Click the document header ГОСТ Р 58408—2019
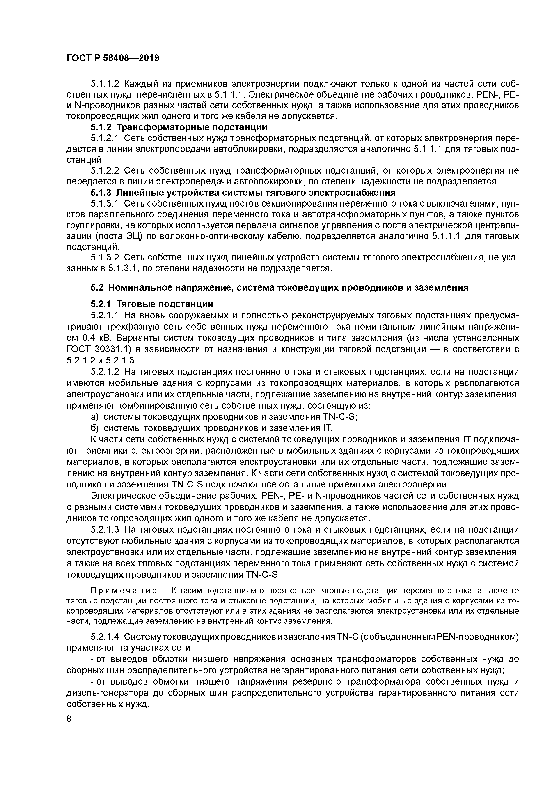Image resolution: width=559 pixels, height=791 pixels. [x=113, y=58]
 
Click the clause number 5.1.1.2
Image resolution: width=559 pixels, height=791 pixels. [x=105, y=84]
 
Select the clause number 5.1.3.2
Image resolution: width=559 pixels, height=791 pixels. [x=105, y=257]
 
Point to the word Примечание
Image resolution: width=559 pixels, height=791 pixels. [x=124, y=591]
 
